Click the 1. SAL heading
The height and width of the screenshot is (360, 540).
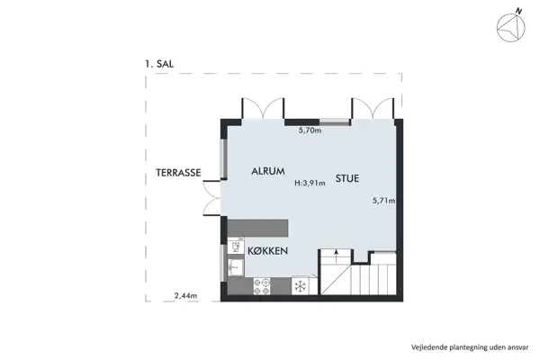[x=158, y=65]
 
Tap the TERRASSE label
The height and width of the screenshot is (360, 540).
[x=176, y=172]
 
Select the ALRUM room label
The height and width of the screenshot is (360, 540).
[x=268, y=168]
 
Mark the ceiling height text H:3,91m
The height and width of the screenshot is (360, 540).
[x=310, y=184]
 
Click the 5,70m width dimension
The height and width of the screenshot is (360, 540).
[x=310, y=130]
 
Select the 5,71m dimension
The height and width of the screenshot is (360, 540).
[x=384, y=201]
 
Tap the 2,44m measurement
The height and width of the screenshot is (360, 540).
[x=186, y=294]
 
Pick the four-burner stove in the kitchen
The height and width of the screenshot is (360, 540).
[x=264, y=286]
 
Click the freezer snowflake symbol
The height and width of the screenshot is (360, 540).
[x=300, y=286]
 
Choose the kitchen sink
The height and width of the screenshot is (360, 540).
[x=236, y=266]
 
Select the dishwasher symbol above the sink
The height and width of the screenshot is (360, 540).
[x=236, y=245]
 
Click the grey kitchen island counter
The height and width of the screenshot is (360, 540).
[x=257, y=227]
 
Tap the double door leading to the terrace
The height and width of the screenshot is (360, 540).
[x=212, y=197]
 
